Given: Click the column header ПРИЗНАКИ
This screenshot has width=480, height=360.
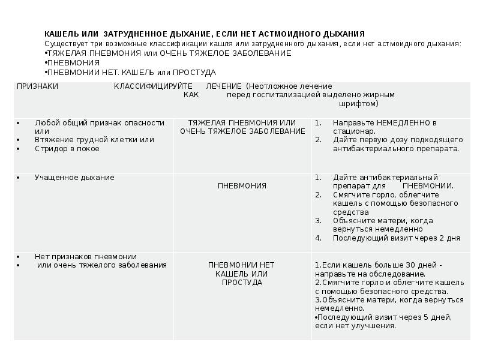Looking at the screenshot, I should [x=37, y=86].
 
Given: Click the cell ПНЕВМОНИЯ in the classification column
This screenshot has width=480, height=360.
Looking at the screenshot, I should [x=242, y=186].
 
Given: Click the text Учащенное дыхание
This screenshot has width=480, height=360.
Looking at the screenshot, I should [x=74, y=178].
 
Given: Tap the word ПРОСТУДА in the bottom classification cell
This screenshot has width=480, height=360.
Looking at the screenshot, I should [x=242, y=283].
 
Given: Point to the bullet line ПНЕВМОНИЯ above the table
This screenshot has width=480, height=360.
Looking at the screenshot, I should [x=73, y=62].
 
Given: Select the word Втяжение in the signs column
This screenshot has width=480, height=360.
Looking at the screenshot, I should [x=53, y=140].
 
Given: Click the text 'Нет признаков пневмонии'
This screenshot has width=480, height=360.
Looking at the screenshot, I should [x=86, y=256].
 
